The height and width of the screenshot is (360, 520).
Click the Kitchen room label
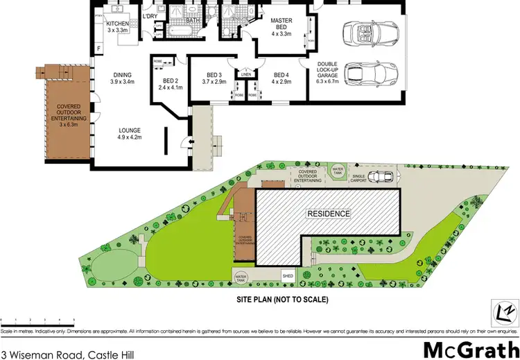click(x=117, y=28)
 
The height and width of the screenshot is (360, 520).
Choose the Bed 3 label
click(x=214, y=79)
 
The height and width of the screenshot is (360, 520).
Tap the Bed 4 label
click(x=281, y=79)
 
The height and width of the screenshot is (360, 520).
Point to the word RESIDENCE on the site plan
click(x=329, y=214)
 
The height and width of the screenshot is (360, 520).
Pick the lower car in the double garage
click(x=372, y=73)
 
